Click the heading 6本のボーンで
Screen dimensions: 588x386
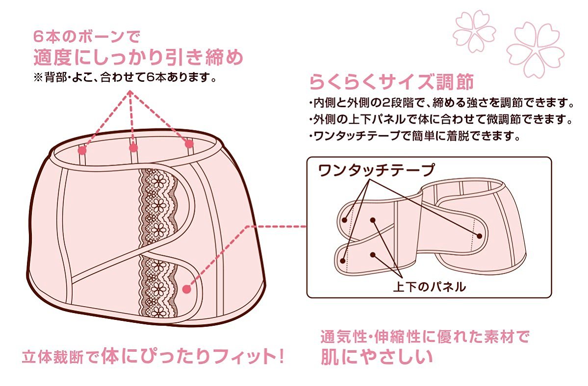(87, 37)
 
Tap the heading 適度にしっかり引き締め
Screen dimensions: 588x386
(138, 57)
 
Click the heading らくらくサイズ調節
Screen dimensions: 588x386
(391, 82)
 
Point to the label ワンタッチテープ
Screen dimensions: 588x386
(376, 170)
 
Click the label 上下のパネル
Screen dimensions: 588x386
(430, 287)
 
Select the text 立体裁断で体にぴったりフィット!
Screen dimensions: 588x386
(153, 356)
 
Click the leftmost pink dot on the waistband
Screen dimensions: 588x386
(82, 150)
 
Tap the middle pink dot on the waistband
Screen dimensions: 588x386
(133, 148)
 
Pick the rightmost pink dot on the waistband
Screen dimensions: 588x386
(189, 144)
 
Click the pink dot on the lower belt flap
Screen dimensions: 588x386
(187, 289)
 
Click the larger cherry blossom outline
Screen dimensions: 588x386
(535, 49)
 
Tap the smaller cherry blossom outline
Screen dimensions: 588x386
(474, 31)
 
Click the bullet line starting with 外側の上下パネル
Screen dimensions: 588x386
(441, 120)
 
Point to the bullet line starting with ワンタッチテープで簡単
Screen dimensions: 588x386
(415, 136)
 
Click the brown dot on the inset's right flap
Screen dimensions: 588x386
(480, 236)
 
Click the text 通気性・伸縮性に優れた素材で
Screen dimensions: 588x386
(425, 337)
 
